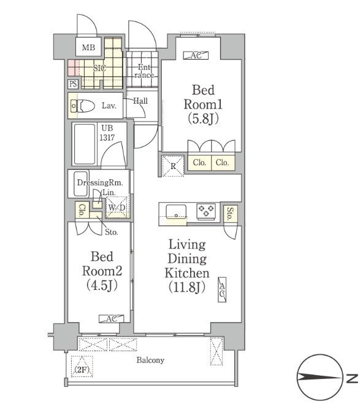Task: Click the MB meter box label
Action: (x=88, y=47)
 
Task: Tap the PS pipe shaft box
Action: (x=73, y=84)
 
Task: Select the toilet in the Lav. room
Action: (x=83, y=106)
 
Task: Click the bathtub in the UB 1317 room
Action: (x=85, y=144)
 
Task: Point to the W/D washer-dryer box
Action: (x=117, y=208)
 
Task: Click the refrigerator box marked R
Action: (x=173, y=166)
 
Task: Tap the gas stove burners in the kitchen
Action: (x=206, y=211)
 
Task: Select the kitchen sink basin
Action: (x=176, y=211)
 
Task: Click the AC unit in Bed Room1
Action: (x=196, y=55)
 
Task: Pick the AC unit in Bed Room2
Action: (x=112, y=319)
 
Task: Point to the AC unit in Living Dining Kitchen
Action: (x=222, y=290)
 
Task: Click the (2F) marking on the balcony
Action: (x=82, y=370)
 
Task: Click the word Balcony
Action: (x=150, y=360)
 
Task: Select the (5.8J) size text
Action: (x=203, y=118)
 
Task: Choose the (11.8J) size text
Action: (x=187, y=287)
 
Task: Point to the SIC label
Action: (x=99, y=68)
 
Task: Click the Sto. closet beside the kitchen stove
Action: (x=230, y=214)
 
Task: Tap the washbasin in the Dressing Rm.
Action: (x=81, y=184)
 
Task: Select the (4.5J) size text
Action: (x=102, y=285)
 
